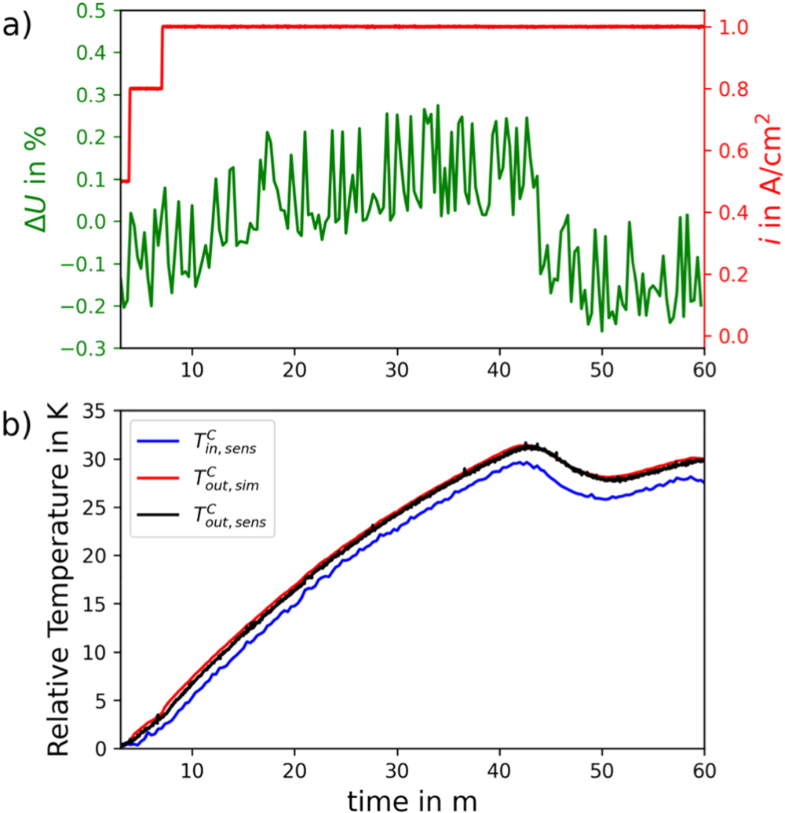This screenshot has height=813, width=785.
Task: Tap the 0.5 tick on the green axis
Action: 93,11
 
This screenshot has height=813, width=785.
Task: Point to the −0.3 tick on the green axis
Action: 86,348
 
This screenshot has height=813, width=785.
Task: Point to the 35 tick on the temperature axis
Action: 96,410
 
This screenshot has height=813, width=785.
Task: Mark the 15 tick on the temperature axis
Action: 96,603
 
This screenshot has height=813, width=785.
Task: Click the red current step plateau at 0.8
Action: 145,88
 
